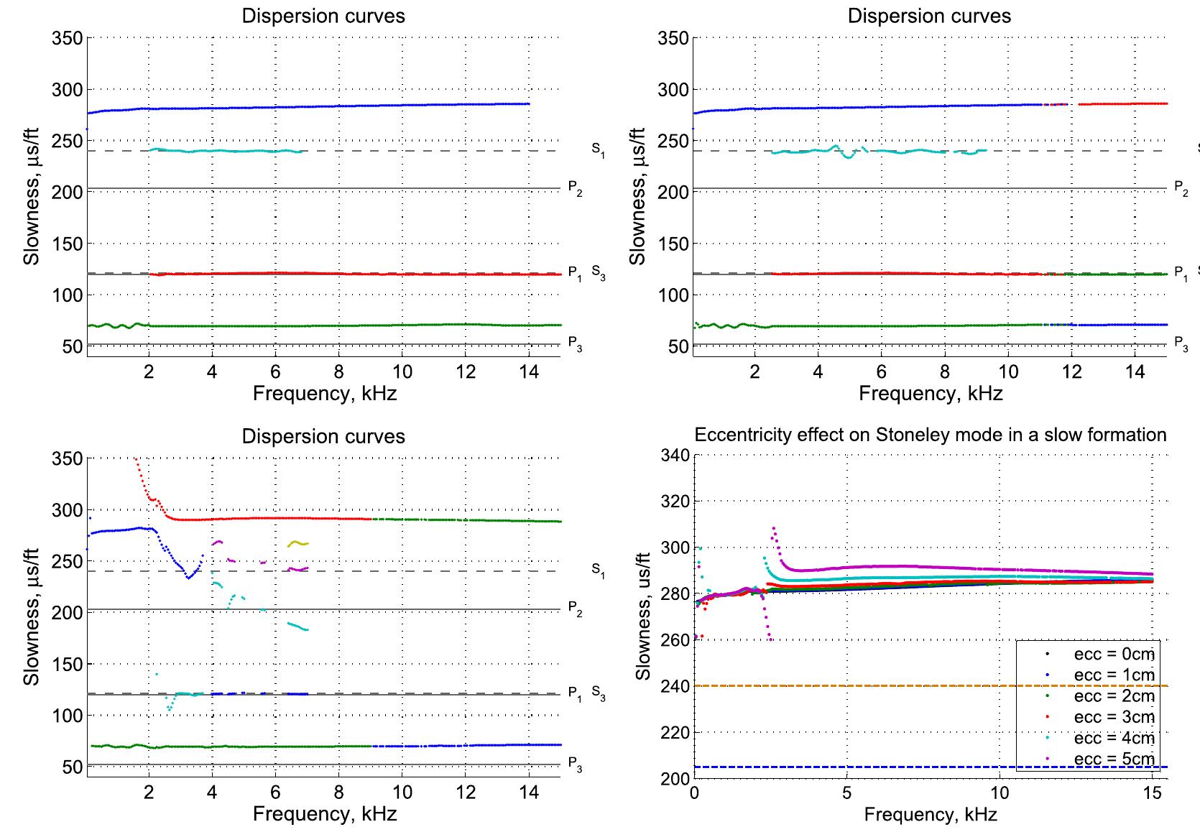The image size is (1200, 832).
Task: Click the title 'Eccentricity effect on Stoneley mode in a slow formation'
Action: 930,435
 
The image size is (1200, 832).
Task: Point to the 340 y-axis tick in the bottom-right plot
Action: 677,456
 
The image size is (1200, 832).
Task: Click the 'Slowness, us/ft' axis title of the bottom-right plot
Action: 643,616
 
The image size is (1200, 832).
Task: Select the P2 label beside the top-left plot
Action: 575,188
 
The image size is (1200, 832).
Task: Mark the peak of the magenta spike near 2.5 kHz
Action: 773,528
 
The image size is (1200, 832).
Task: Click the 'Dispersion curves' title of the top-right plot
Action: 929,16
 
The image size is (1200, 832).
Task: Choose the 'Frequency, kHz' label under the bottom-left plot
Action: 324,814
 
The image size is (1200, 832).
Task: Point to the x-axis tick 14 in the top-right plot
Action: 1135,371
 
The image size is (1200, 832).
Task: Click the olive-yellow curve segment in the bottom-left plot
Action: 297,544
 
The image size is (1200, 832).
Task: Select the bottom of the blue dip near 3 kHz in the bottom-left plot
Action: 189,577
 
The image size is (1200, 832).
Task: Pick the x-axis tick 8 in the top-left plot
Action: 338,371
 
